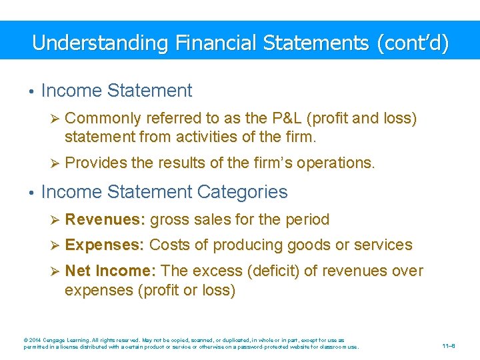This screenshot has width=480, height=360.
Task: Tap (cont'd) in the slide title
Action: (413, 43)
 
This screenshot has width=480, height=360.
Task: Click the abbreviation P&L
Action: (287, 119)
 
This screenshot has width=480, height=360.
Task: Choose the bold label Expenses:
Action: (105, 245)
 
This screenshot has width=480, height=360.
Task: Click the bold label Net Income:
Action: (111, 271)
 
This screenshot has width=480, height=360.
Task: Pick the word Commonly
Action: (103, 119)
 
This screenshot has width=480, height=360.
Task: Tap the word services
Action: (382, 245)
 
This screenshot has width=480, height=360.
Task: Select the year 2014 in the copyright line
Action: (35, 340)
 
